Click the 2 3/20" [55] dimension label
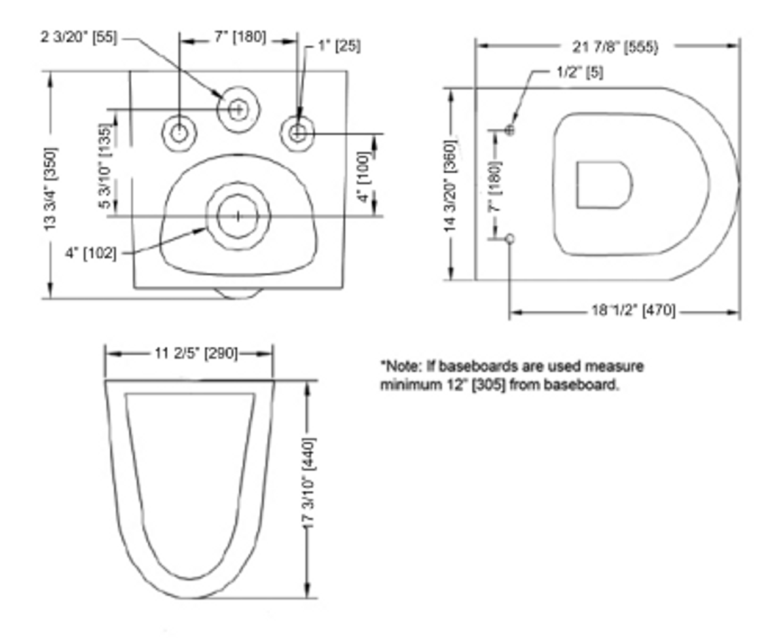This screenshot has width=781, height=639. [x=79, y=37]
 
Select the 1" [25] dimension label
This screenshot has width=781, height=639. [x=339, y=46]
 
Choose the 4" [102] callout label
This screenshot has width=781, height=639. [x=90, y=252]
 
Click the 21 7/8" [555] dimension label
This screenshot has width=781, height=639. [x=615, y=47]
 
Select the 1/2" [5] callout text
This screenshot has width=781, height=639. [x=580, y=72]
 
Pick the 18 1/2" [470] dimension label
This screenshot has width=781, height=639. [x=633, y=311]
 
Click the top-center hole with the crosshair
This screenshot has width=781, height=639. [x=238, y=109]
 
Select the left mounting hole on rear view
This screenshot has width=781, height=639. [x=179, y=132]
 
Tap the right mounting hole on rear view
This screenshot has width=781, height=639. [x=298, y=132]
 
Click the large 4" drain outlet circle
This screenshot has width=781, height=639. [x=238, y=216]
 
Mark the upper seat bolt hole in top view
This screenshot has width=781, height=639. [x=510, y=129]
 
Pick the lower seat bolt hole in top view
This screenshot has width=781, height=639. [x=511, y=238]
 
